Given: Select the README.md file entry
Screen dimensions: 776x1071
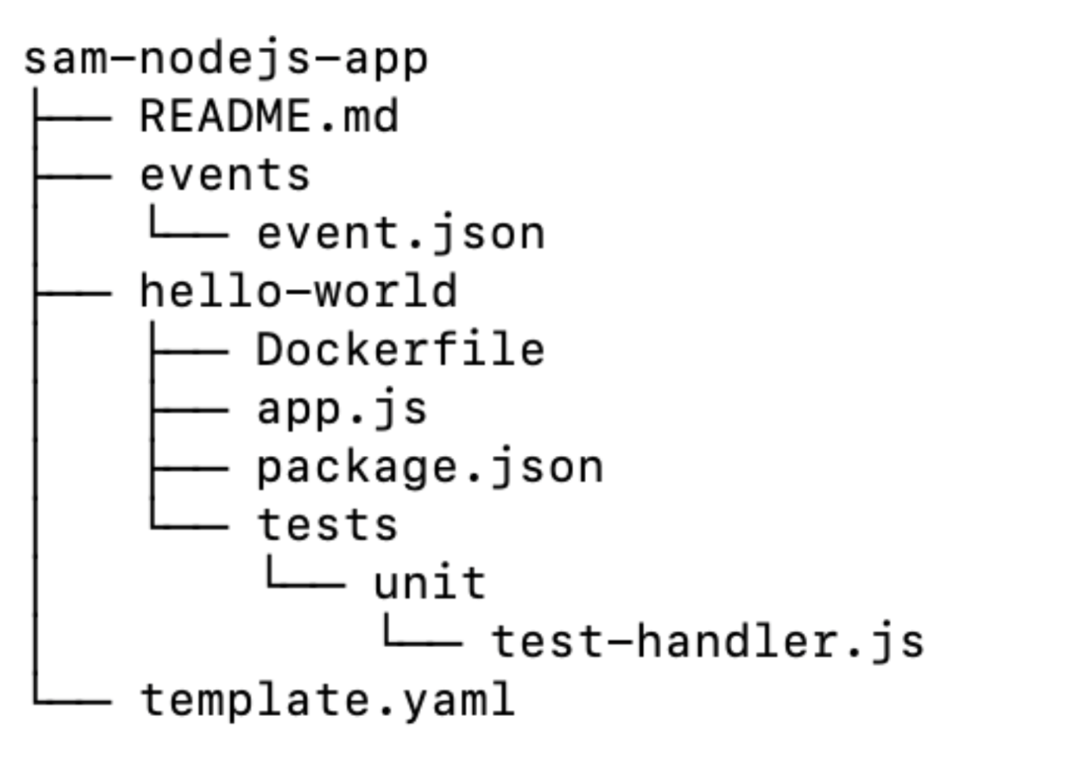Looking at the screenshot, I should [x=269, y=117].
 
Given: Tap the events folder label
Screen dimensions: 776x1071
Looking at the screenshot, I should [x=225, y=175].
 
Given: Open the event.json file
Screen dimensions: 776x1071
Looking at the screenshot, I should [x=400, y=234].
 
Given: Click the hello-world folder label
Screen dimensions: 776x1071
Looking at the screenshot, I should [x=299, y=291].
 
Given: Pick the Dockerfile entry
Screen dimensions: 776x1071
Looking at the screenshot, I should [x=400, y=349].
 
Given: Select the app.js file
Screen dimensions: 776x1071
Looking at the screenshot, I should [x=342, y=409].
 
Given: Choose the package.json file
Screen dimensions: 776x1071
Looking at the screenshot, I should [x=430, y=468].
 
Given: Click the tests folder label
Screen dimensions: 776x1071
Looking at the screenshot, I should [x=327, y=525].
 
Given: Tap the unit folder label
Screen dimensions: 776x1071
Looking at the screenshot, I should [x=430, y=584].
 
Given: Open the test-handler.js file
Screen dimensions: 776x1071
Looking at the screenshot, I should [x=708, y=642].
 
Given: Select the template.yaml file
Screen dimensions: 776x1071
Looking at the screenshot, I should [x=327, y=700].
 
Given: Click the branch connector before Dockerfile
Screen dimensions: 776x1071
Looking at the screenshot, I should [x=190, y=351].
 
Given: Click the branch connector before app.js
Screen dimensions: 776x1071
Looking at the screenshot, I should [x=190, y=410].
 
